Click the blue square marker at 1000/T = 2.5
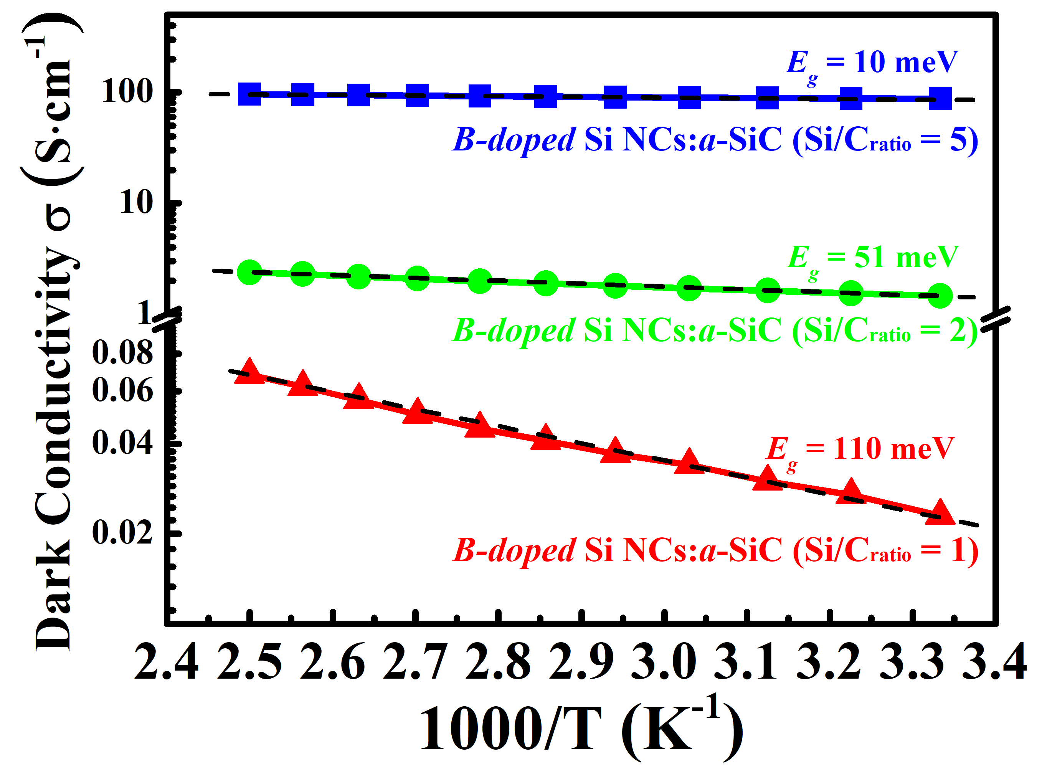249,94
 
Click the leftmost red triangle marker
249,372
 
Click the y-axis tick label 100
127,91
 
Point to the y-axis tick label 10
135,202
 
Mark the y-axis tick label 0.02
122,532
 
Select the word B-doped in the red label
514,551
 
